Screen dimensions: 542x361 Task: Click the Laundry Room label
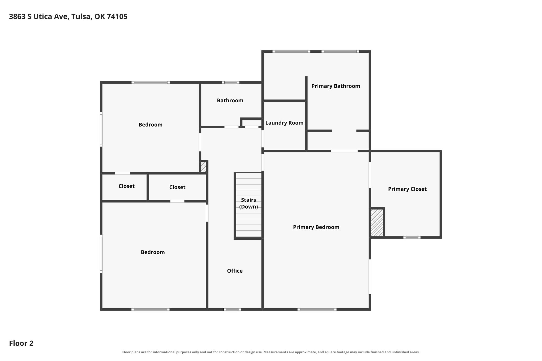(x=284, y=123)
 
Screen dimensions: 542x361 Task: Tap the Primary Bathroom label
(x=336, y=86)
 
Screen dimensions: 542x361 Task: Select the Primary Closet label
(x=407, y=189)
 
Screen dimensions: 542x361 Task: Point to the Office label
(x=235, y=271)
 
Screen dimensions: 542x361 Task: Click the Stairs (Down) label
(x=249, y=203)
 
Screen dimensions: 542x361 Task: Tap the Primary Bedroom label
(x=316, y=227)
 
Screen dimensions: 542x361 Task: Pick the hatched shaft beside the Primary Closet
(x=377, y=223)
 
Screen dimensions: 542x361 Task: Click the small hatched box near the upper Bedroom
(x=204, y=167)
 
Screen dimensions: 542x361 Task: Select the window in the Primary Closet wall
(x=412, y=237)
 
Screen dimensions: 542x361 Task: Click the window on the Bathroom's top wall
(x=231, y=82)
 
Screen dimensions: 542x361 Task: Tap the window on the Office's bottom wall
(x=232, y=309)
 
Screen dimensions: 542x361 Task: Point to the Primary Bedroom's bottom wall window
(x=317, y=309)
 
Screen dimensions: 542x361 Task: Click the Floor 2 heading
(x=21, y=343)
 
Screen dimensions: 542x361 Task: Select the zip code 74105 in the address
(x=117, y=17)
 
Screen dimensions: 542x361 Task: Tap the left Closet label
(x=127, y=186)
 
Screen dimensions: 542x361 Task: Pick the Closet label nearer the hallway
(x=177, y=187)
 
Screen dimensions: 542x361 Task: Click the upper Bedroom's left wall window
(x=101, y=129)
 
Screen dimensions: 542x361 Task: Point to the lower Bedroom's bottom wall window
(x=150, y=309)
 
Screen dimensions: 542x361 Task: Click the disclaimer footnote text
(x=271, y=352)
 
